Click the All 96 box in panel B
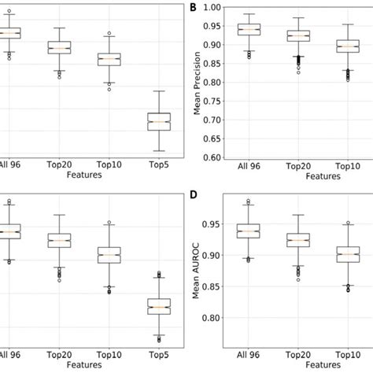pos(249,30)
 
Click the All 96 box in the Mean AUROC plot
pos(249,231)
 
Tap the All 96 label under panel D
pos(249,355)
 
